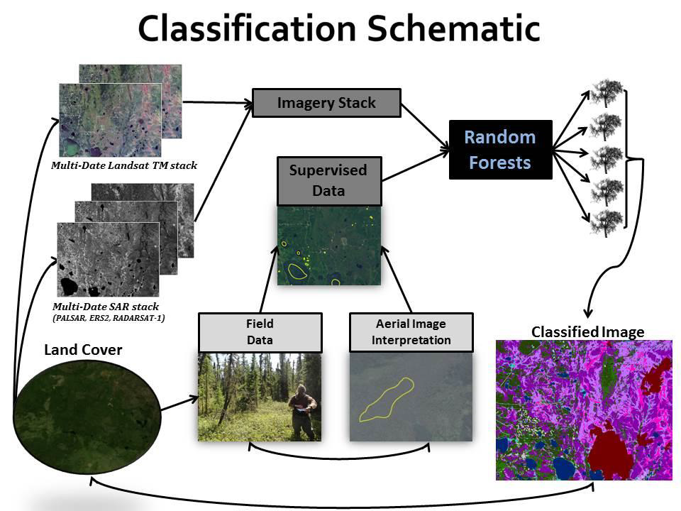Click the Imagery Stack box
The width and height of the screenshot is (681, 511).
326,103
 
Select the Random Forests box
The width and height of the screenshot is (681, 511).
500,150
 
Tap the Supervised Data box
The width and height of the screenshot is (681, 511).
328,180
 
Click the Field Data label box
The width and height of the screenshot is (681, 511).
260,332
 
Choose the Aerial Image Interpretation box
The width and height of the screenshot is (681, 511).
411,332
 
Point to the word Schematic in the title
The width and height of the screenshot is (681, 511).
448,29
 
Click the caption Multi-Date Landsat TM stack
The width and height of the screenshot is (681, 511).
123,166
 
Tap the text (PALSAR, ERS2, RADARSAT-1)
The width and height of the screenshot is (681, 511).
109,318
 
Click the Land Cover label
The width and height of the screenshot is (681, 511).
83,350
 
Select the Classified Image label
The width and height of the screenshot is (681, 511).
587,331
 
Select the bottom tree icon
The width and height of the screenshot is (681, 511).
606,221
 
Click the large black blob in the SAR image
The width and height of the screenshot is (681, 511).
69,285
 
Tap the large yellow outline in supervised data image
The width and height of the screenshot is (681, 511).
297,270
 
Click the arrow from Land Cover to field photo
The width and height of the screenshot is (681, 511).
179,404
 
